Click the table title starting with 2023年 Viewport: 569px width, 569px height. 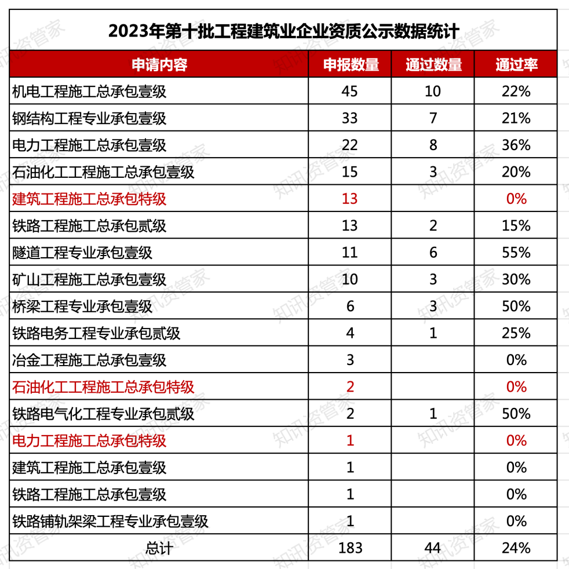tap(284, 30)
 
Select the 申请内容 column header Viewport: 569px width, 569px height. tap(159, 64)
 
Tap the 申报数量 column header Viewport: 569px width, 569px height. tap(351, 64)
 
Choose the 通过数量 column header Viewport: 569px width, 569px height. tap(433, 64)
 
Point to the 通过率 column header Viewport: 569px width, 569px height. tap(516, 64)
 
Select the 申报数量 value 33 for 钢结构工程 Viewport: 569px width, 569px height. tap(350, 118)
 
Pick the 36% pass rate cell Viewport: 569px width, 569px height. tap(516, 145)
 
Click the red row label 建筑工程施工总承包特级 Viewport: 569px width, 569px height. tap(89, 199)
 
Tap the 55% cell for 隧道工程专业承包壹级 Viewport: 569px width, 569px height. tap(516, 253)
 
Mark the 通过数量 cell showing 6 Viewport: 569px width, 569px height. tap(433, 253)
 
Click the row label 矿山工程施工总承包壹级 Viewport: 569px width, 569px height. tap(89, 279)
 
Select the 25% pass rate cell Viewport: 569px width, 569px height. tap(516, 333)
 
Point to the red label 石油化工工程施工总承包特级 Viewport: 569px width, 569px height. tap(103, 387)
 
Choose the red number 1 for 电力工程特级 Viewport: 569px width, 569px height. tap(350, 440)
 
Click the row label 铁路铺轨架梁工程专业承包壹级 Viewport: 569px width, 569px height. tap(110, 521)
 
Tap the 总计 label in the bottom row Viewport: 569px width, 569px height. tap(159, 548)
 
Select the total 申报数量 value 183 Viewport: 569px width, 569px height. tap(350, 548)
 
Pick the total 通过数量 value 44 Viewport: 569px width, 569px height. tap(433, 548)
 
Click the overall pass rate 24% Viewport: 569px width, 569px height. tap(516, 548)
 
